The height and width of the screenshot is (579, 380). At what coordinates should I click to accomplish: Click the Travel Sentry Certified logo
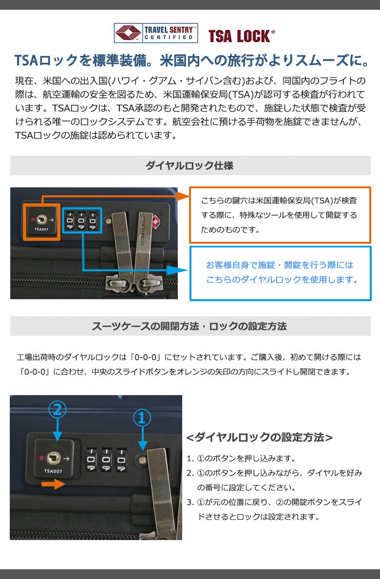point(155,33)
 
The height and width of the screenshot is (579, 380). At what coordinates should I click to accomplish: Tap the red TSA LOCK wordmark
point(242,36)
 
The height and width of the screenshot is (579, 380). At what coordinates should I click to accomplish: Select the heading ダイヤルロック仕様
point(190,165)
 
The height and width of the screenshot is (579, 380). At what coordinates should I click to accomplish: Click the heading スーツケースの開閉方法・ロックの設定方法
point(189,326)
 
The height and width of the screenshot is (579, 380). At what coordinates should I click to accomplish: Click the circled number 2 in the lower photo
point(57,410)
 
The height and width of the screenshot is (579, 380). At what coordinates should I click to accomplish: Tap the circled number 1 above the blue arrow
point(142,418)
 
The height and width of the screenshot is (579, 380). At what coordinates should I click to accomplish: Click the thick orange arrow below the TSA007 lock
point(53,484)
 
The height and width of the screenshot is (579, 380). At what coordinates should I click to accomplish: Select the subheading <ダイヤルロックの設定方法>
point(260,437)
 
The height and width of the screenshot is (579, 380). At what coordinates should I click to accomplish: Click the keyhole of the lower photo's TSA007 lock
point(53,458)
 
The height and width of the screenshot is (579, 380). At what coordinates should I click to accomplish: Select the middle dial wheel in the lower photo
point(106,459)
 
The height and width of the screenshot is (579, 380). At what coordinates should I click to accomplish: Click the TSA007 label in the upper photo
point(41,229)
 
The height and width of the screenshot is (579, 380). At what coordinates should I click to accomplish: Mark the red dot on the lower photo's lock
point(41,458)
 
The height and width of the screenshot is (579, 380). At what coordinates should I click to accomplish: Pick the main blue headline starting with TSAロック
point(192,60)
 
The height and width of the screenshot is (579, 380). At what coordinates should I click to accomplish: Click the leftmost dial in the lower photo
point(91,459)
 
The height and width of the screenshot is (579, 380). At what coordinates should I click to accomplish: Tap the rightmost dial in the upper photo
point(93,220)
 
